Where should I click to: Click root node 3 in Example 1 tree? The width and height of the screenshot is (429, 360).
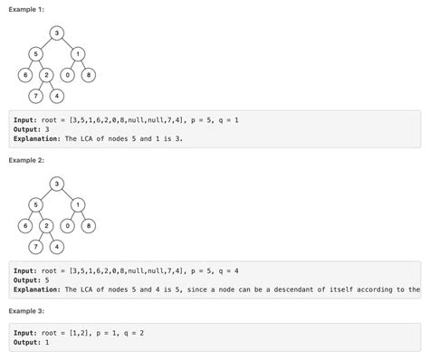point(57,33)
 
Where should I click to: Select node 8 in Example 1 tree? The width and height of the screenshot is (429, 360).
point(89,74)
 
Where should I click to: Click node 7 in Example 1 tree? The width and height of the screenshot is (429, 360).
point(35,95)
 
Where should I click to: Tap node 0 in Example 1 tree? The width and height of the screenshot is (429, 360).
point(68,74)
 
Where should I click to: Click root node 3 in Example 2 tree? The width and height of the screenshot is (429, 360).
point(57,185)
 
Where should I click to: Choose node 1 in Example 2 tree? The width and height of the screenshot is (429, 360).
point(79,204)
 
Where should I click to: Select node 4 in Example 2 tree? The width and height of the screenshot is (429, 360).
point(56,246)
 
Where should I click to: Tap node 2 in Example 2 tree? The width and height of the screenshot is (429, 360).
point(46,225)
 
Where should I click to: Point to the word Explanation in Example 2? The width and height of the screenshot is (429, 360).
point(38,289)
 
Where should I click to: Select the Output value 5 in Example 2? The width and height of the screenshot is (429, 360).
point(56,279)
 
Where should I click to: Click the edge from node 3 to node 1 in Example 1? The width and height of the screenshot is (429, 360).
point(68,43)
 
